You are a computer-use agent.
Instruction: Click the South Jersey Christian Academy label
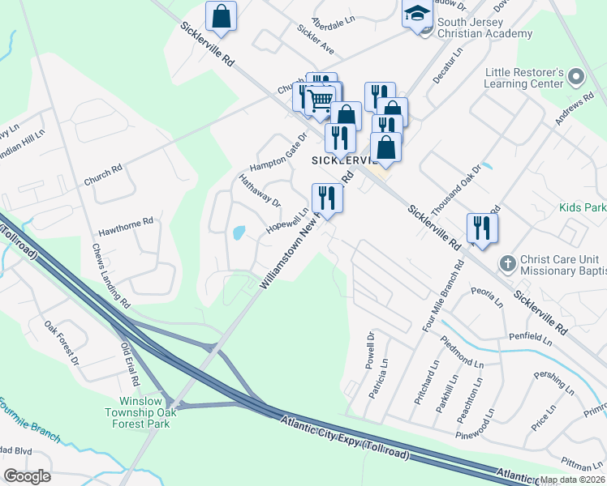484,28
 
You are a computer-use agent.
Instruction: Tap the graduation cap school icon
417,14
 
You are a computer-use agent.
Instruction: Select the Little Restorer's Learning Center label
523,78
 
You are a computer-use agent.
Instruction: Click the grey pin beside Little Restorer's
577,77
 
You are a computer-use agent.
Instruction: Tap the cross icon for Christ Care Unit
507,262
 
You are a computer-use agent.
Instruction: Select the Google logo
27,475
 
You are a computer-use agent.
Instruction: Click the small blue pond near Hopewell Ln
239,233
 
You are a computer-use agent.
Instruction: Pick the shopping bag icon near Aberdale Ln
221,15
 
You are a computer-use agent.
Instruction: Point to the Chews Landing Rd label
111,275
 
